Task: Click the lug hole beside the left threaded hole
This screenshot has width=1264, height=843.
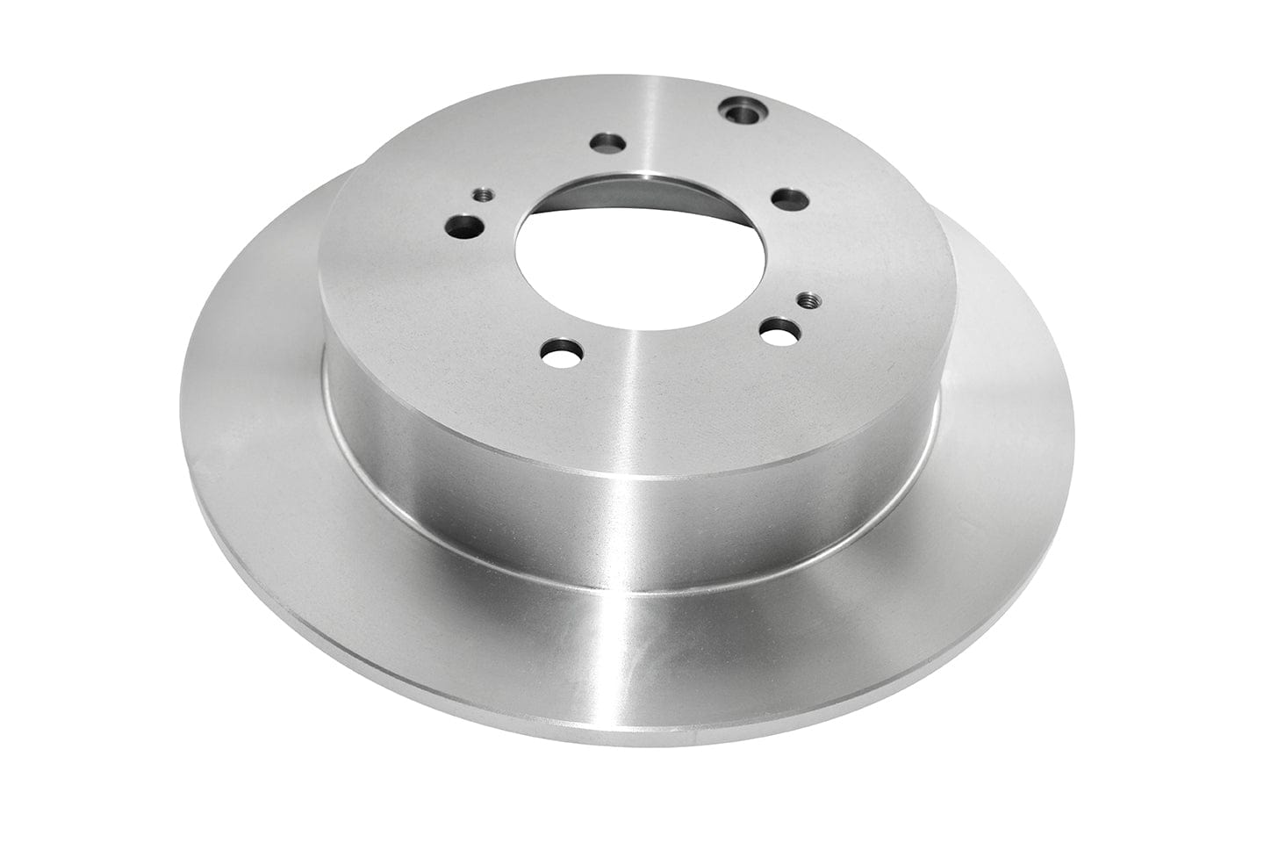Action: coord(463,227)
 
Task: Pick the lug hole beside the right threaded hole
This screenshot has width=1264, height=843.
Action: coord(778,333)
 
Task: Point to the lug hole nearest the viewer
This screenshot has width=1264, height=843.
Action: coord(557,357)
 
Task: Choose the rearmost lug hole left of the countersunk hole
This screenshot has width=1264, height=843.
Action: coord(606,142)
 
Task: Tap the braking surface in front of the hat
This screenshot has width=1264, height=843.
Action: coord(614,650)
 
